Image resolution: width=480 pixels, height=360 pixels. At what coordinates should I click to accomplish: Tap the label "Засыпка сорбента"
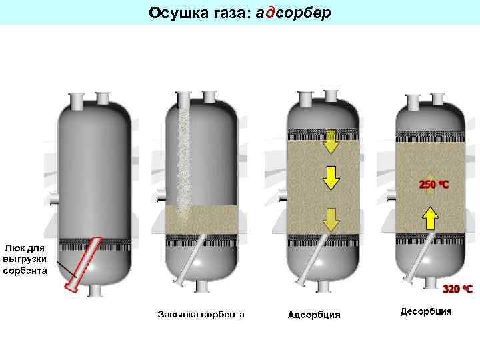(x=201, y=313)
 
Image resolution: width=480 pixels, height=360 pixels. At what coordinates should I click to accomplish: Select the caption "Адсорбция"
(x=313, y=314)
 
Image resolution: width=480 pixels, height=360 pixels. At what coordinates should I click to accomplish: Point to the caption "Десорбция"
(x=426, y=311)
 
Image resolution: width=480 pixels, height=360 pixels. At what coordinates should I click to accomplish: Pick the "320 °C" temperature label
(x=458, y=289)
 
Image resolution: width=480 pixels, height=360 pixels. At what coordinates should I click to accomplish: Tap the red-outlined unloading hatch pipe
(x=83, y=264)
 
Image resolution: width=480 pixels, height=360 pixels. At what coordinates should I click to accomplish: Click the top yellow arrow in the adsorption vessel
(x=331, y=142)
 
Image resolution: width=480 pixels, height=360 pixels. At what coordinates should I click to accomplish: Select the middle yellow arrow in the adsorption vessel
(x=331, y=177)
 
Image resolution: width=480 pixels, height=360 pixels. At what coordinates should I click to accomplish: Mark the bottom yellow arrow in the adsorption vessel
(x=331, y=217)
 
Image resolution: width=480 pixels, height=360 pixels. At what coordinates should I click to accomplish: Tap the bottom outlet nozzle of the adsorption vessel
(x=324, y=286)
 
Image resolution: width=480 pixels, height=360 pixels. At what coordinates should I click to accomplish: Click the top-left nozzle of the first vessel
(x=77, y=101)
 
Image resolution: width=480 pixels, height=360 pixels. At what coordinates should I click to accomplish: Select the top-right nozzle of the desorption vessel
(x=440, y=99)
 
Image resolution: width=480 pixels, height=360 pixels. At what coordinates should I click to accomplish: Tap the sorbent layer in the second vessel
(x=213, y=220)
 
